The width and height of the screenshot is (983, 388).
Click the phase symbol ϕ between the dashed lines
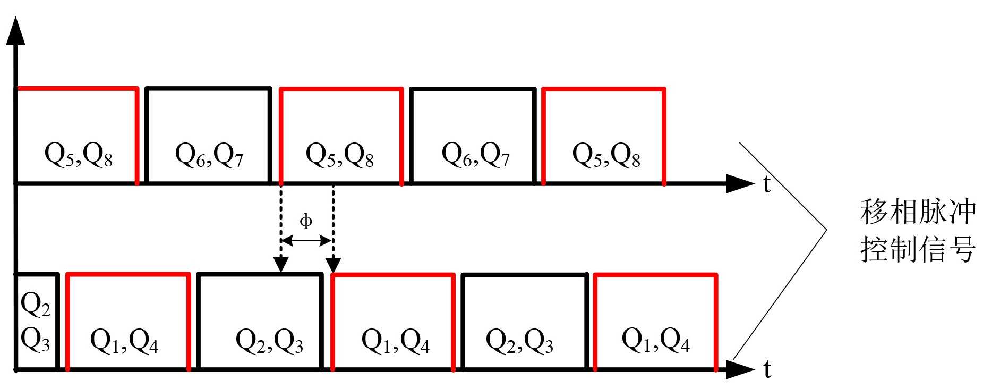click(306, 221)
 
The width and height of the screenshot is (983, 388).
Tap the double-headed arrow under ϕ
click(306, 241)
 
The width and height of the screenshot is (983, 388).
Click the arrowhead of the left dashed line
click(281, 264)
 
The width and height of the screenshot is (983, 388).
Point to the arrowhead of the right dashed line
click(333, 264)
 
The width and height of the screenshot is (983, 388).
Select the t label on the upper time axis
click(767, 184)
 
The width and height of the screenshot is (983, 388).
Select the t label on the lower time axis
click(767, 369)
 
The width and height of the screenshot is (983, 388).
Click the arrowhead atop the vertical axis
click(16, 31)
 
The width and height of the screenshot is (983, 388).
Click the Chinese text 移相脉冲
click(918, 212)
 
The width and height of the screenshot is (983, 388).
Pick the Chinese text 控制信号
click(918, 248)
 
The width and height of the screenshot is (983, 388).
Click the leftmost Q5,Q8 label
click(79, 155)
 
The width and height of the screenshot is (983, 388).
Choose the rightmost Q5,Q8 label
click(606, 155)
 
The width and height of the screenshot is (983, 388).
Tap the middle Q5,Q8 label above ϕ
click(340, 155)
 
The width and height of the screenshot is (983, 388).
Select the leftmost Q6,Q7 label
click(209, 155)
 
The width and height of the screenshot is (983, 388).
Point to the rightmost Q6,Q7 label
click(476, 155)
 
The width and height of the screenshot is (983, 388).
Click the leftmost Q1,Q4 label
click(124, 341)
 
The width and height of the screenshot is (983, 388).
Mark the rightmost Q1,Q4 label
click(656, 341)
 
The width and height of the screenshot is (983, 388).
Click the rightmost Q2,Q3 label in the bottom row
click(520, 341)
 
